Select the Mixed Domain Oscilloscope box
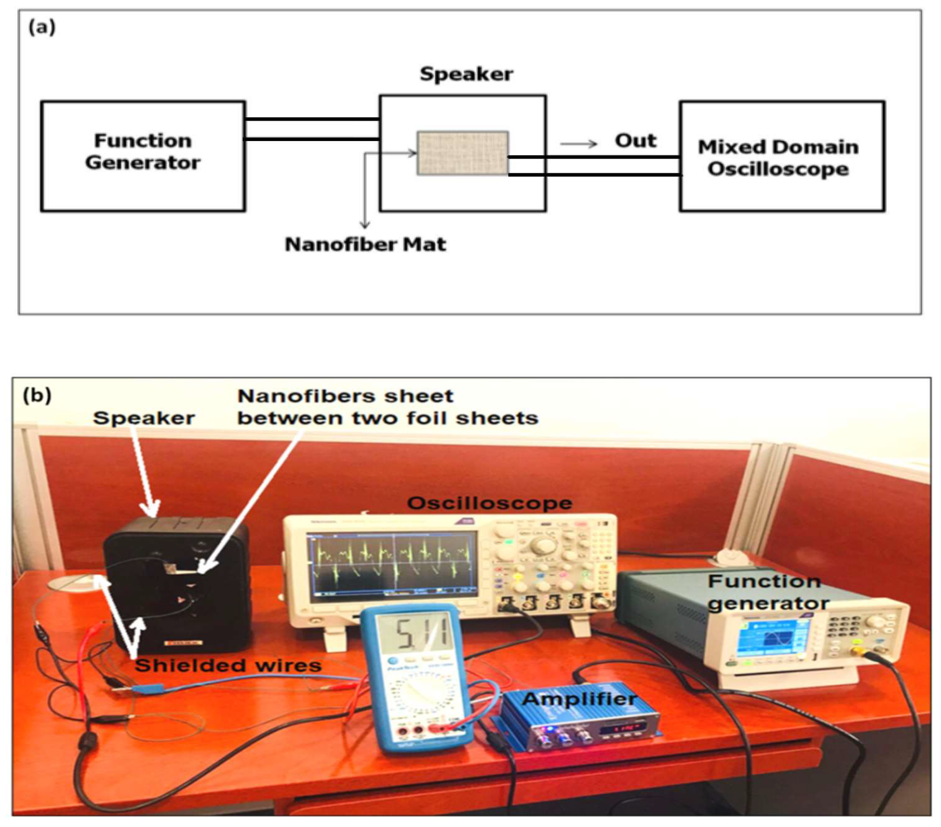tap(781, 157)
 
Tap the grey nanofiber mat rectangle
tap(462, 153)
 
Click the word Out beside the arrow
tap(635, 140)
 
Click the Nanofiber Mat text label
tap(365, 244)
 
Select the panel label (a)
tap(42, 28)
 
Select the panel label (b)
tap(37, 395)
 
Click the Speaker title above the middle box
tap(466, 74)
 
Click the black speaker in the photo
tap(177, 585)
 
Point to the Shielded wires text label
tap(228, 666)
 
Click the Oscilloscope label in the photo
tap(489, 503)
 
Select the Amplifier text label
tap(579, 700)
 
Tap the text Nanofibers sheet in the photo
tap(345, 396)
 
